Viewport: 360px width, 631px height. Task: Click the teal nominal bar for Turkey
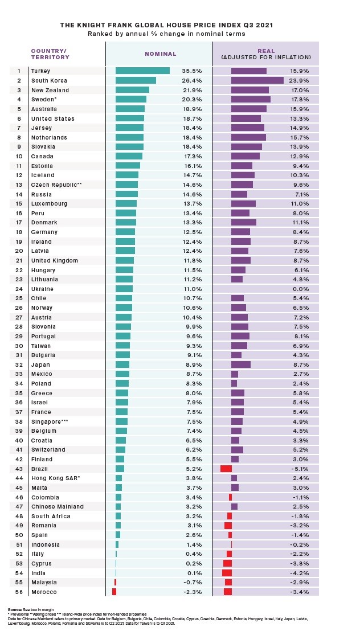pos(142,71)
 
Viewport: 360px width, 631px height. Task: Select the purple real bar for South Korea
pos(257,80)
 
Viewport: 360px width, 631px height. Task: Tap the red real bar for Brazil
pos(226,469)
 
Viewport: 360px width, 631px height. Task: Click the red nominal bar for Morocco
pos(114,592)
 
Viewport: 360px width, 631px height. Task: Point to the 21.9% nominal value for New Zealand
pos(192,90)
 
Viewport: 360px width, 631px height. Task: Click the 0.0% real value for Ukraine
pos(301,289)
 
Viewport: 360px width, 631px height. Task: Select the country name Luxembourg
pos(49,204)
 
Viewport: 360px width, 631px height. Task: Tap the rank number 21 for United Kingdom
pos(19,260)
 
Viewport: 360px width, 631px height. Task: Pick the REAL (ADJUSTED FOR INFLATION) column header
pos(265,54)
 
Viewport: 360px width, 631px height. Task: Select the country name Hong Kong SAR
pos(55,478)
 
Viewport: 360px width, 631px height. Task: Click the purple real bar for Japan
pos(240,364)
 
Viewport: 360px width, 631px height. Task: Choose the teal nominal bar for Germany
pos(125,232)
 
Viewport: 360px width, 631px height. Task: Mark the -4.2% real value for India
pos(300,573)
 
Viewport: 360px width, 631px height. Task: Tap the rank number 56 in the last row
pos(19,592)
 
